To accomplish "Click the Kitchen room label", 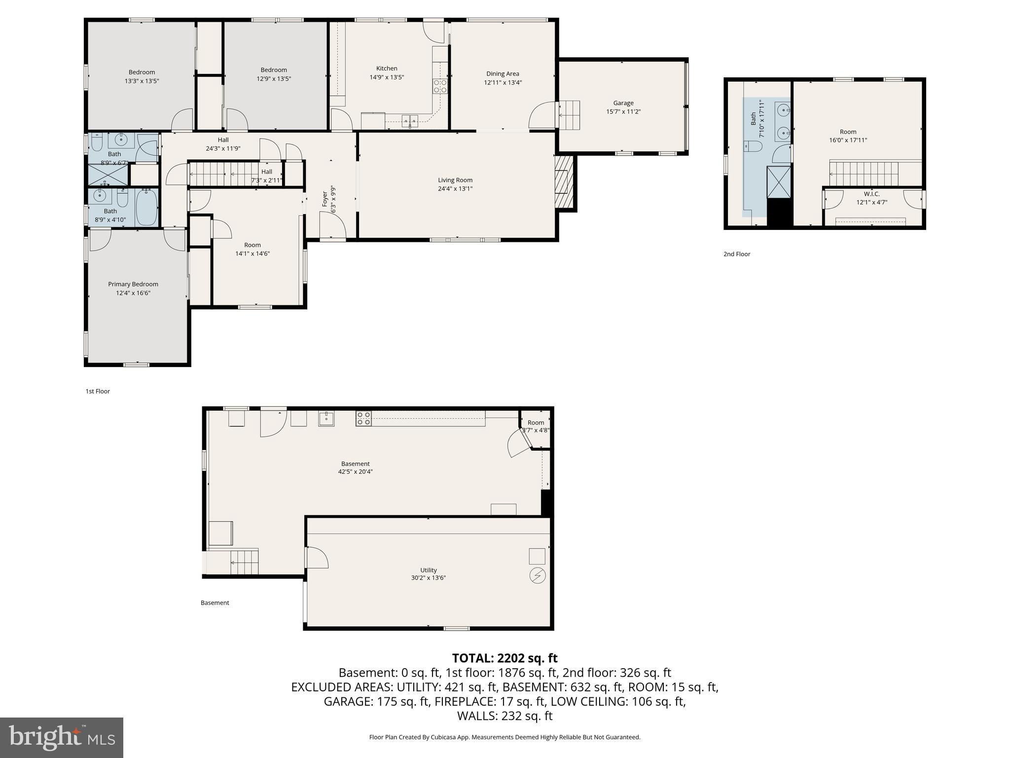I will point(387,69).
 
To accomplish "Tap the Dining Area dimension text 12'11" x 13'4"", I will point(503,83).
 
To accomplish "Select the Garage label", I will point(623,103).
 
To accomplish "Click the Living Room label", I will point(455,180).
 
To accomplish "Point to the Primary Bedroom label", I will point(133,284).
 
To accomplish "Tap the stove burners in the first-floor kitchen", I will point(440,86).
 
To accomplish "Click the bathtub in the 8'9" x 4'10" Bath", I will point(146,207).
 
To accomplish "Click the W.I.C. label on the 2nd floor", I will point(871,194).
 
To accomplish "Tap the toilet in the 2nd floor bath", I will point(753,146).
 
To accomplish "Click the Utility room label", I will point(428,570).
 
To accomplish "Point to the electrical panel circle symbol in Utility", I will point(537,575).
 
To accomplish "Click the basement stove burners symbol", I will point(363,419).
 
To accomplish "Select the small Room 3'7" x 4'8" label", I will point(536,422).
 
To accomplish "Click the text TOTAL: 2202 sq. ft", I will point(505,658).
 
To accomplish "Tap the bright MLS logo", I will point(62,737).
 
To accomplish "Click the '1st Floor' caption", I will point(98,391).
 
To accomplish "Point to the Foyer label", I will point(325,198).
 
